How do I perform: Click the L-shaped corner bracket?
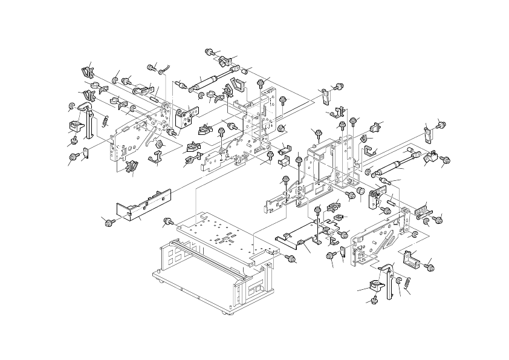pyautogui.click(x=415, y=257)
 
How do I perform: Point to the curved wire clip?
pyautogui.click(x=165, y=68)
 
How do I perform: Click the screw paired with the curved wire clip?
pyautogui.click(x=152, y=66)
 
